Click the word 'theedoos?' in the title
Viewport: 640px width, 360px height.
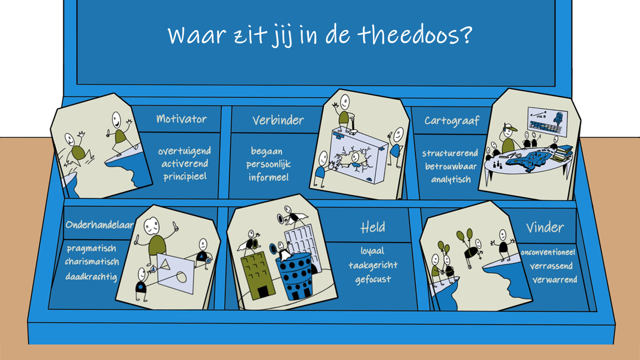415,35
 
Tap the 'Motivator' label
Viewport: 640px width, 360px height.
181,119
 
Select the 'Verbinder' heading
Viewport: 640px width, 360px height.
278,120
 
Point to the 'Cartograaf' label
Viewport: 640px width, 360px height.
451,121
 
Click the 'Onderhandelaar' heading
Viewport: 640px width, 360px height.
100,225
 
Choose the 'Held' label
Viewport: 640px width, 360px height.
373,227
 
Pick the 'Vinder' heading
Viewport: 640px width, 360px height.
545,227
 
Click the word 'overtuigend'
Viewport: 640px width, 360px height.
184,151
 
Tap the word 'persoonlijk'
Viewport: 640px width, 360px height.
268,165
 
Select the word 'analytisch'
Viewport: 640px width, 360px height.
451,179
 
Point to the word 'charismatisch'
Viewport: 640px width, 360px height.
92,262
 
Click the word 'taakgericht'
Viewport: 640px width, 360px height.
373,265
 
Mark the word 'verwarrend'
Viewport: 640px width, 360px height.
555,280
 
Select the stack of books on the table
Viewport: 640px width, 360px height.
563,154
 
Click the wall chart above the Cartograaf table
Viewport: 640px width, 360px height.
547,121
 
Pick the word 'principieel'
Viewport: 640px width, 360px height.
185,177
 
